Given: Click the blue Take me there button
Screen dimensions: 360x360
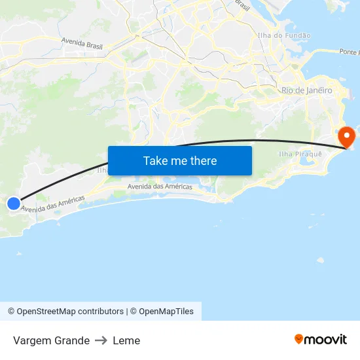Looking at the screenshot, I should click(x=180, y=160).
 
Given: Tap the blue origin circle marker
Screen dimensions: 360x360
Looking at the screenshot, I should click(x=14, y=204).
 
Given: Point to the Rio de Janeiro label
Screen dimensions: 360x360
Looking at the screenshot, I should click(x=306, y=90).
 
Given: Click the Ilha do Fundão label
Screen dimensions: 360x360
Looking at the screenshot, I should click(x=284, y=35).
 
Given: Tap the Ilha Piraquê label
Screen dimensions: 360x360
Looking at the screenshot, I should click(x=300, y=153).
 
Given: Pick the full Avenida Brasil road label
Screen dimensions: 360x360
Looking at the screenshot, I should click(x=82, y=43).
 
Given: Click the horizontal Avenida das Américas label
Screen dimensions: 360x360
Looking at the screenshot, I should click(x=160, y=187).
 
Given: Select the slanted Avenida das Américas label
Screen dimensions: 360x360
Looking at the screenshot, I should click(x=53, y=204).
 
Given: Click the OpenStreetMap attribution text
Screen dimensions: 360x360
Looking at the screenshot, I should click(x=65, y=312).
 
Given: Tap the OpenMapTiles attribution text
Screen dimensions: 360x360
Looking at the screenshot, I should click(x=166, y=312).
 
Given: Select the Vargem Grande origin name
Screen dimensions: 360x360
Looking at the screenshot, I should click(x=51, y=340).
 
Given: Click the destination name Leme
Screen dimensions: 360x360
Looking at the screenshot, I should click(x=126, y=340).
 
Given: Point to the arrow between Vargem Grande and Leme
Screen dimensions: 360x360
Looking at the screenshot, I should click(x=101, y=340).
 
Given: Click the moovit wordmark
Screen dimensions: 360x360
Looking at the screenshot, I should click(x=325, y=339).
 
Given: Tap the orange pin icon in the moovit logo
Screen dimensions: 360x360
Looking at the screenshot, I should click(x=299, y=339).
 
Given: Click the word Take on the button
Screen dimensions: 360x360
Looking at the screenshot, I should click(x=155, y=160).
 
